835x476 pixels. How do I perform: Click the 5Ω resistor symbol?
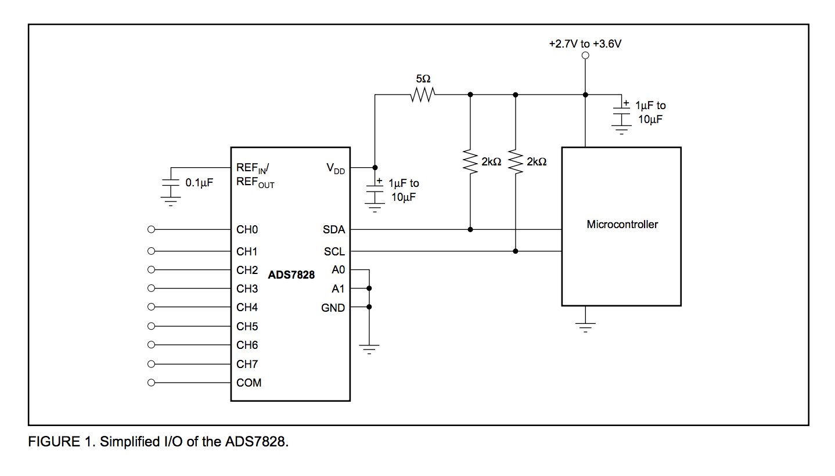point(423,95)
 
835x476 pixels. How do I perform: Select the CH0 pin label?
point(247,230)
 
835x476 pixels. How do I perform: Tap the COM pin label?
point(249,383)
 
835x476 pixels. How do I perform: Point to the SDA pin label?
point(334,230)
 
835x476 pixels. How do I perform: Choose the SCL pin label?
point(334,251)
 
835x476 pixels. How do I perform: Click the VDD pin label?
point(335,168)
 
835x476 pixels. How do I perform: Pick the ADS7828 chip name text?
point(291,275)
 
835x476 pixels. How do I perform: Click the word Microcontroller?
point(622,225)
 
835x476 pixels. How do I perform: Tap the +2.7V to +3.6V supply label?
point(585,44)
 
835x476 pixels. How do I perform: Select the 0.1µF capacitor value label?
point(199,182)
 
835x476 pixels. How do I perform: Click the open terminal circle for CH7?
point(152,364)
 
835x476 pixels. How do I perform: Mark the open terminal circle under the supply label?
point(585,56)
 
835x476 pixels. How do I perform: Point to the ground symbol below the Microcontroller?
point(585,327)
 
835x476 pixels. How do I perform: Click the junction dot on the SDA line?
point(470,230)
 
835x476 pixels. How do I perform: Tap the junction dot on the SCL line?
point(515,251)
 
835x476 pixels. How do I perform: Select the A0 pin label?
point(338,270)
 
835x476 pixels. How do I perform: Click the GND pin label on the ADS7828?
point(333,308)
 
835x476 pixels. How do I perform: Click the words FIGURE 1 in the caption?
point(62,442)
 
